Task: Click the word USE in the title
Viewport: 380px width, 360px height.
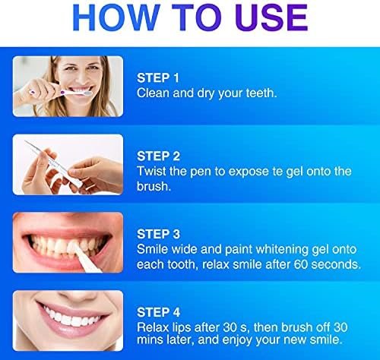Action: [x=271, y=18]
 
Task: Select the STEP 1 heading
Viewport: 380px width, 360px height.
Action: [x=158, y=77]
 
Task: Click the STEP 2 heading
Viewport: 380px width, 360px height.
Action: [x=158, y=156]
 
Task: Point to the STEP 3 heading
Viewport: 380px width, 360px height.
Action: [x=158, y=234]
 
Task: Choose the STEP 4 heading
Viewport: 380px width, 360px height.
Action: [x=158, y=312]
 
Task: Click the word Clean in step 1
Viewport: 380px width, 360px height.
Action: [x=153, y=93]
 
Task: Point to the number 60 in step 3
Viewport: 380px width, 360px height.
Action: [x=301, y=264]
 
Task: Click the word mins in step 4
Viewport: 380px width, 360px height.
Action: [x=149, y=339]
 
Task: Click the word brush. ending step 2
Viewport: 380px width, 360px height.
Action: [x=154, y=186]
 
